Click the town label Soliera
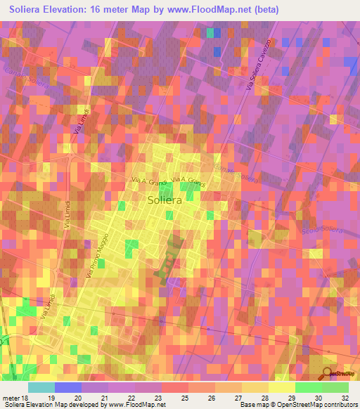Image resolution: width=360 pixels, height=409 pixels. [166, 200]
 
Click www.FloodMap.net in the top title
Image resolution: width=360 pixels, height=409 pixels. [212, 9]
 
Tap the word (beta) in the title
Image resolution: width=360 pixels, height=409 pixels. [264, 9]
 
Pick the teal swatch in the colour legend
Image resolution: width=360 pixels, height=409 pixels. [41, 387]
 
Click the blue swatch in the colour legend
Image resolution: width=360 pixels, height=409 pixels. [67, 387]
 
